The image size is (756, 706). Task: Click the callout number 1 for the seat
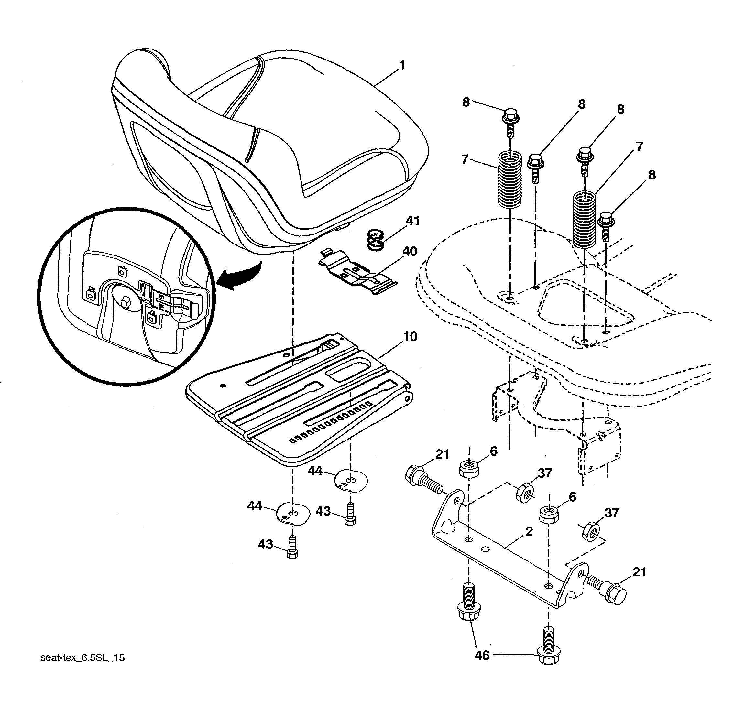pyautogui.click(x=402, y=66)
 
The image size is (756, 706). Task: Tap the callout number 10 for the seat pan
pyautogui.click(x=410, y=336)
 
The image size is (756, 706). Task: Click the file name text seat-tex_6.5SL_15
pyautogui.click(x=82, y=658)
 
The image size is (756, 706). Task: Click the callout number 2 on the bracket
pyautogui.click(x=529, y=531)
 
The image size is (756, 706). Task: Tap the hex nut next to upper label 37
pyautogui.click(x=524, y=493)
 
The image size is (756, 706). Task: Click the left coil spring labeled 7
pyautogui.click(x=509, y=179)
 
